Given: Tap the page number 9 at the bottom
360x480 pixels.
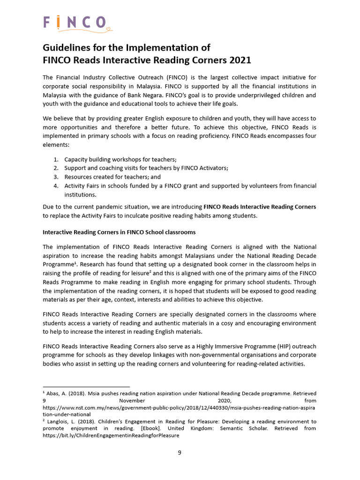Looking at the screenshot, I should [180, 452].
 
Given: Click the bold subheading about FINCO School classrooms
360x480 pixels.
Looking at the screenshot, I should [119, 232].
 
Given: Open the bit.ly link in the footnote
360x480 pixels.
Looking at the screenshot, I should [111, 435].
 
